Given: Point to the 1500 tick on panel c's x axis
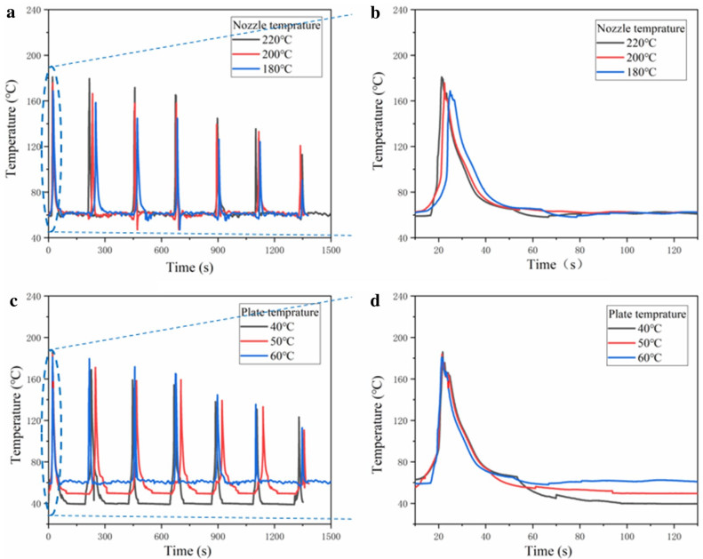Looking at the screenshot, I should point(331,538).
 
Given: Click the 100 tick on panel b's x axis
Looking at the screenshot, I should point(627,251).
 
